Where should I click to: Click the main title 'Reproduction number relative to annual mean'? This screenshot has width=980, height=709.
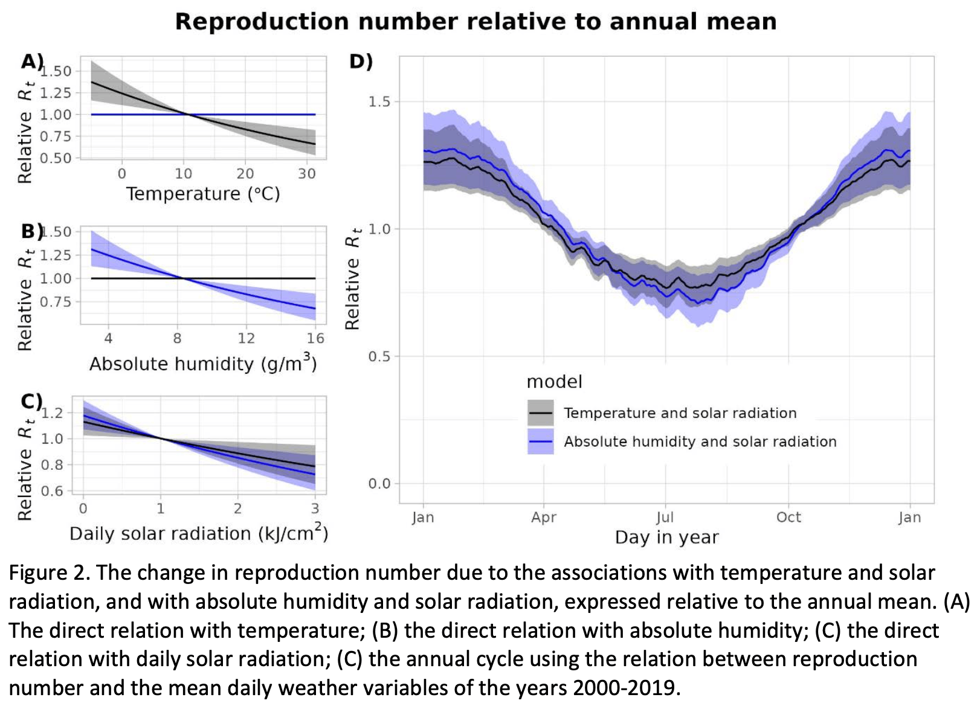475,22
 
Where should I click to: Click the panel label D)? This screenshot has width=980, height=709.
361,61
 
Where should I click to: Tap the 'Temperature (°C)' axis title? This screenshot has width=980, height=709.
203,194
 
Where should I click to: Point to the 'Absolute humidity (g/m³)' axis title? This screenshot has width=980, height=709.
203,364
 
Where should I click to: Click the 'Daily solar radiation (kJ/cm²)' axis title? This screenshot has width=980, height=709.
199,533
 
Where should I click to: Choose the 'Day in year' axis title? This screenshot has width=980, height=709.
666,537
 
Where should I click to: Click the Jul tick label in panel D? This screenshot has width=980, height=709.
665,518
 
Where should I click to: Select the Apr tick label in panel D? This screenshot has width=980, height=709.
543,518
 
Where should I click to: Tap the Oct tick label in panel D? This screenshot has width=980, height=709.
788,518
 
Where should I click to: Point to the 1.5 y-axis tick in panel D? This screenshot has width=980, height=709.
379,101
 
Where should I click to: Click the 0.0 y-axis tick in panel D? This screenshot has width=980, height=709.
379,484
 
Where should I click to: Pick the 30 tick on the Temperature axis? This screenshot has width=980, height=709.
307,174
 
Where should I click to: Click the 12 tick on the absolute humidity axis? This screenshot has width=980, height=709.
246,338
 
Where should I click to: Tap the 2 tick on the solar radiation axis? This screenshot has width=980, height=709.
237,508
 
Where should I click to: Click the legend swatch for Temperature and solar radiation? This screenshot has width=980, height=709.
540,413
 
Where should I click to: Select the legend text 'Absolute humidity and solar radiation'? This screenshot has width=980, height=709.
700,441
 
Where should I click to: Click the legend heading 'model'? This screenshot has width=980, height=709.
554,382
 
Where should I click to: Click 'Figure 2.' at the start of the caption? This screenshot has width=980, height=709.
48,573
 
